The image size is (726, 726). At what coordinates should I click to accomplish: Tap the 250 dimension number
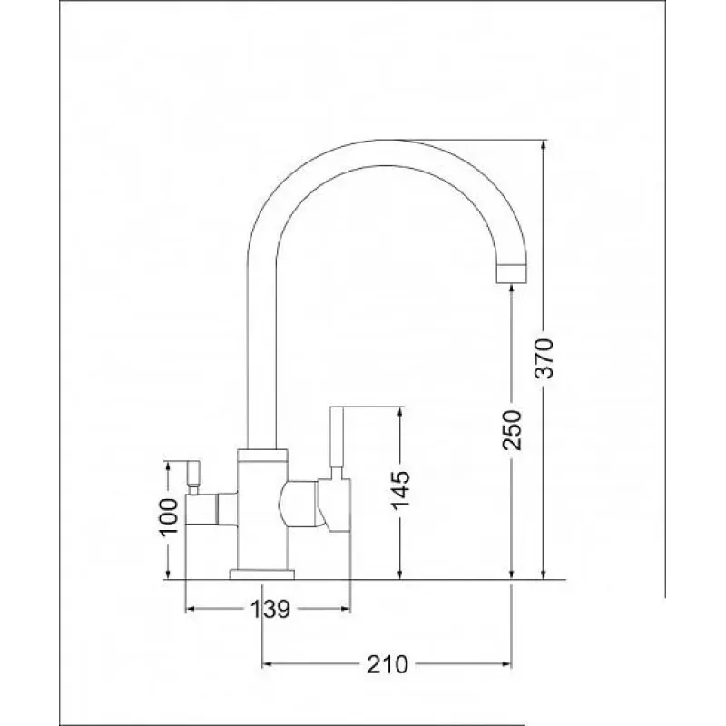[x=512, y=429]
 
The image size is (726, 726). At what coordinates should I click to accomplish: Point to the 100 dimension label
[x=169, y=517]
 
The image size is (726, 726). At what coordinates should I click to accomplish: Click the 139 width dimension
[x=270, y=609]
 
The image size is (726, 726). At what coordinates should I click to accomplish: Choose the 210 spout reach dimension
[x=388, y=665]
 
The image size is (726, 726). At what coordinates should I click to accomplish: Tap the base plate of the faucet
[x=262, y=574]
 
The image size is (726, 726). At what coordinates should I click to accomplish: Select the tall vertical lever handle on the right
[x=337, y=441]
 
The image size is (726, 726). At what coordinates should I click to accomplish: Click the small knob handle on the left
[x=193, y=473]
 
